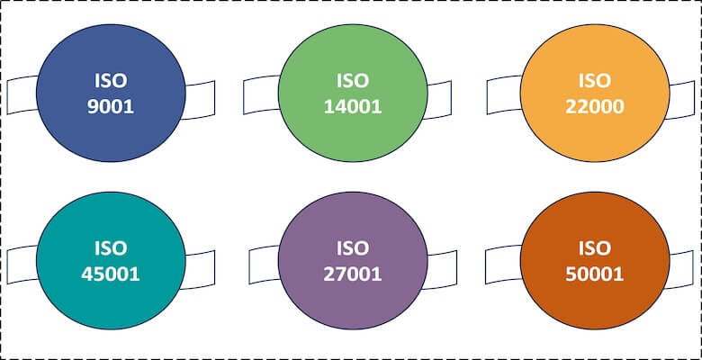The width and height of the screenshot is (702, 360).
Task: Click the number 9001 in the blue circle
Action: (111, 106)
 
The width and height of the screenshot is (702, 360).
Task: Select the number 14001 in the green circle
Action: (353, 106)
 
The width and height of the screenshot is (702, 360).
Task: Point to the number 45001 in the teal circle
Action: (112, 273)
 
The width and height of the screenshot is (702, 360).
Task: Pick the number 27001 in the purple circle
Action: (353, 273)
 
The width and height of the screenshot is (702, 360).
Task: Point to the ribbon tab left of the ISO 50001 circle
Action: (504, 262)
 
